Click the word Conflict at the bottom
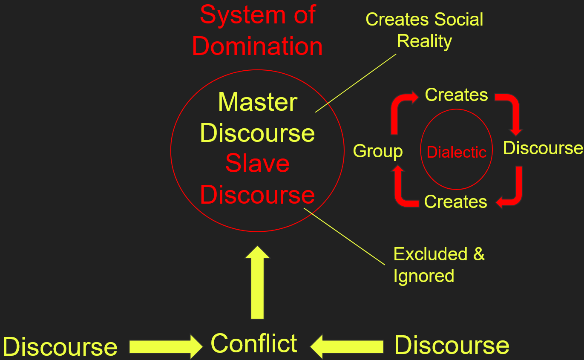(254, 343)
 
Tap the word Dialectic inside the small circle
(456, 152)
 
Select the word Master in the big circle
(257, 102)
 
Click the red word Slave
(257, 163)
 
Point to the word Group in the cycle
(378, 151)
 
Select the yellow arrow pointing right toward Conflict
(165, 346)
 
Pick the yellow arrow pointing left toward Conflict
(347, 346)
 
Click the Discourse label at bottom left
(60, 346)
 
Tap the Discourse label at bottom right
(452, 345)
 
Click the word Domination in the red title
(257, 46)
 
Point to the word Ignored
(423, 276)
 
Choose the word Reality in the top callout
(424, 41)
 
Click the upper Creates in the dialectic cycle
(456, 95)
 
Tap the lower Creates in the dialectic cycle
(455, 202)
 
